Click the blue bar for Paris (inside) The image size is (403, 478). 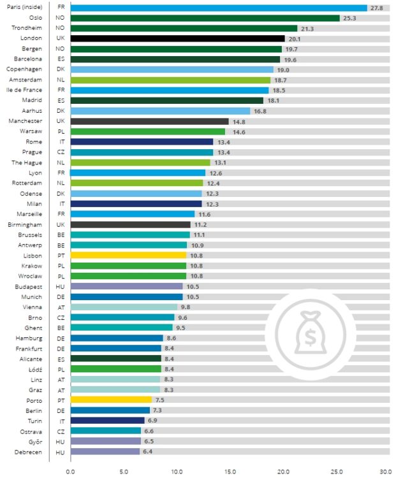219,8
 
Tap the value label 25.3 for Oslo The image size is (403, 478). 349,18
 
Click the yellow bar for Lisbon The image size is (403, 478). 128,255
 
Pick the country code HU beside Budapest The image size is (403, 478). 60,286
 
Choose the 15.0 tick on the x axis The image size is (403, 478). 230,472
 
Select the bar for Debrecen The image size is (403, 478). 105,451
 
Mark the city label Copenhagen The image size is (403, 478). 24,69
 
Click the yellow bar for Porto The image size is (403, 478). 111,400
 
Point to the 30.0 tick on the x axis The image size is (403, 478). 386,472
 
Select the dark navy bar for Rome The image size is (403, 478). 142,141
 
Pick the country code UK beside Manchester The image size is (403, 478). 60,121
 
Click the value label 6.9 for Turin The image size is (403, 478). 154,421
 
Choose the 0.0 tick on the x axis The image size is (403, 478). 71,472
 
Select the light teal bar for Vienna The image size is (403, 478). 124,307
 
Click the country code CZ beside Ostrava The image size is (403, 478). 60,431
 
